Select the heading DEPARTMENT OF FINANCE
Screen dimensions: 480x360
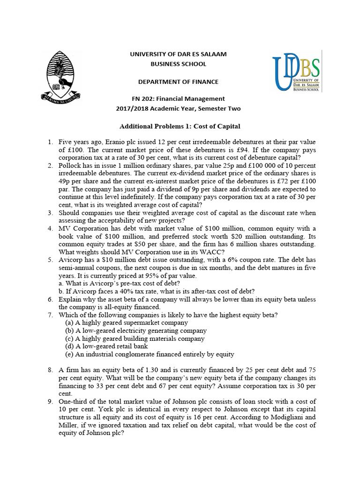(178, 82)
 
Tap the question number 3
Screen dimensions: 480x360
(50, 213)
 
